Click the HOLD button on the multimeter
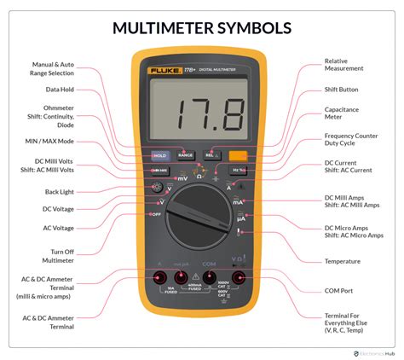click(159, 156)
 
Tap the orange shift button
click(239, 156)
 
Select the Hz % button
click(238, 171)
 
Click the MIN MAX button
click(159, 171)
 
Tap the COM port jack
click(209, 277)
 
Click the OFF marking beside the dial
click(156, 214)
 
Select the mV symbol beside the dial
click(182, 178)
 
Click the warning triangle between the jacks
click(197, 276)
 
